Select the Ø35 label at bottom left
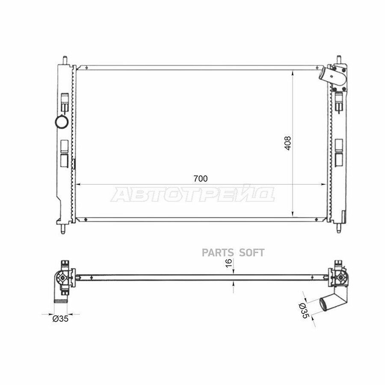point(60,318)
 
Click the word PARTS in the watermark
point(216,253)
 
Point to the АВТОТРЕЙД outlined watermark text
point(192,195)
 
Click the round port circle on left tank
point(62,122)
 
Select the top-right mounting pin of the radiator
point(338,59)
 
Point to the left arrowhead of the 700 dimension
point(78,184)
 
